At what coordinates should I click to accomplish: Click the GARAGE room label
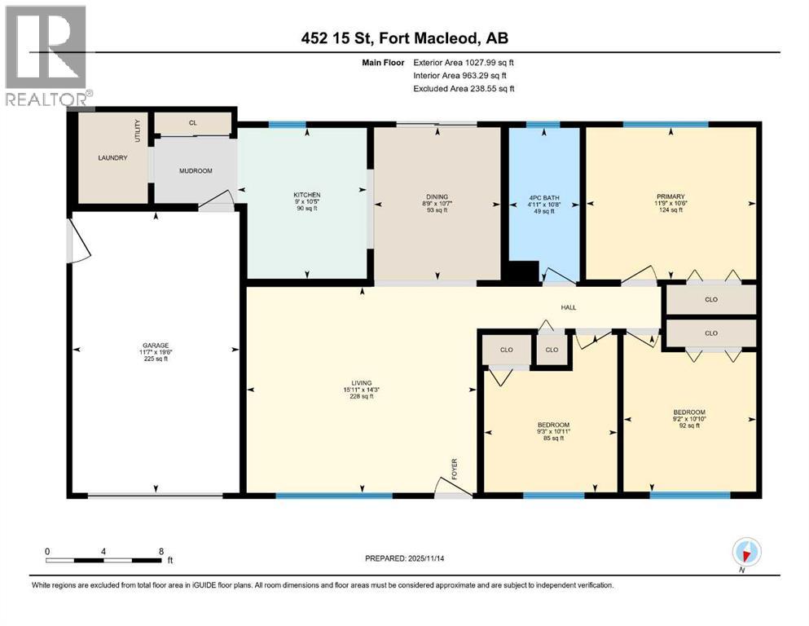(155, 345)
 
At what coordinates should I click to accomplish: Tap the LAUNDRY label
(112, 157)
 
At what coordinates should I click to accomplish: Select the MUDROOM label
(196, 171)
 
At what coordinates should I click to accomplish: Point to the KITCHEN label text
(307, 195)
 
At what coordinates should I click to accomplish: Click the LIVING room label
(358, 382)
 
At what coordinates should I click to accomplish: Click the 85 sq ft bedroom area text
(552, 439)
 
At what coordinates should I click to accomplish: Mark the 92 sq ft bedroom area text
(688, 425)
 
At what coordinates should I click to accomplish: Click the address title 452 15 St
(404, 39)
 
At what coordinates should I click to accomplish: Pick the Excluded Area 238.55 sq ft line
(464, 88)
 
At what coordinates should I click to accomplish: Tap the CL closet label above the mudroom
(193, 123)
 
